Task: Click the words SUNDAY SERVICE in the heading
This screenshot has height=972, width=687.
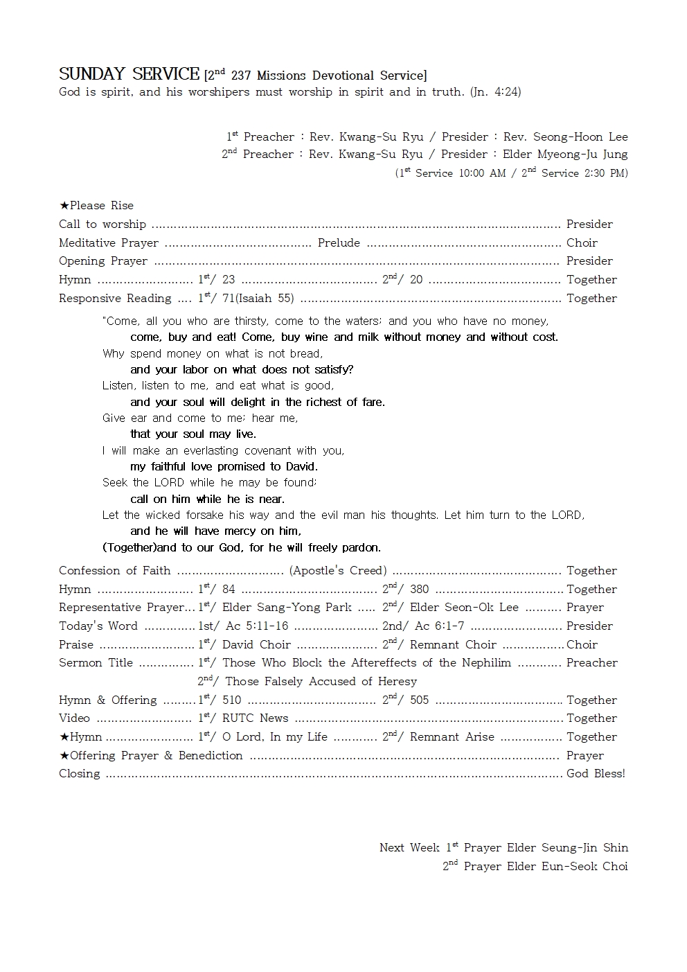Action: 129,74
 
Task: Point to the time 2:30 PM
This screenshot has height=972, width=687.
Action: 600,173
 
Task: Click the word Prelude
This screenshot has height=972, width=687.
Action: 339,243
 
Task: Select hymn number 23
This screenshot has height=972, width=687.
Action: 229,280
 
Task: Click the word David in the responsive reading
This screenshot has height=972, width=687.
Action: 301,467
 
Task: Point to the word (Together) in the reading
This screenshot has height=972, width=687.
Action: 129,548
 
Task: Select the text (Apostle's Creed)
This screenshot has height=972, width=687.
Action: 338,571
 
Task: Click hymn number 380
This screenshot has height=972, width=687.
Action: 419,590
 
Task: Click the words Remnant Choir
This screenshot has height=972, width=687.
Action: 453,645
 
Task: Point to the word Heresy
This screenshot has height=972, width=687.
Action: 398,682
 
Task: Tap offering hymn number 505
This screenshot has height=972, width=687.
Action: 419,700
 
